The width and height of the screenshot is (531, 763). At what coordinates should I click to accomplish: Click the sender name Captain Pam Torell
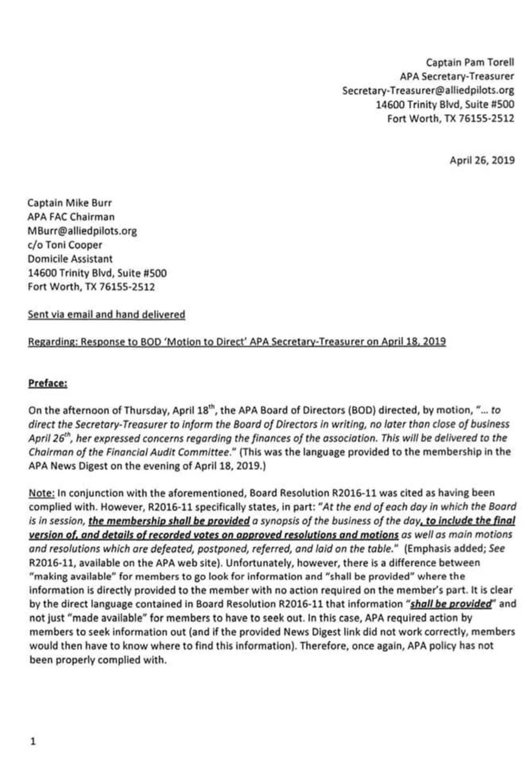pos(469,63)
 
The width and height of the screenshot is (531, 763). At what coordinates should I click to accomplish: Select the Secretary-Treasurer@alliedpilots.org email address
pos(428,91)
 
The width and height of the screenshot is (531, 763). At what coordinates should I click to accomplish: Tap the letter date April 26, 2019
pos(482,160)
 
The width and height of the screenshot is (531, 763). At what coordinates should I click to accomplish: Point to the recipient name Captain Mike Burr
pos(69,203)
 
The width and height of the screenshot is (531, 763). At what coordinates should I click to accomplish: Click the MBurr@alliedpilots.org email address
pos(82,231)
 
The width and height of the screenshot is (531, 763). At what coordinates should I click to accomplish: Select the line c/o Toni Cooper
pos(65,245)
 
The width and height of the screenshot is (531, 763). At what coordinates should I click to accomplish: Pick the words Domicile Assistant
pos(70,259)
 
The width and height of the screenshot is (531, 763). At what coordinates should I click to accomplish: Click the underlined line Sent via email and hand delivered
pos(106,314)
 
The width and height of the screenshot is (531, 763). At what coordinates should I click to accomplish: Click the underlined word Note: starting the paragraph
pos(41,493)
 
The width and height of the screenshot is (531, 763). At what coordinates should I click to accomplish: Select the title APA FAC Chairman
pos(71,217)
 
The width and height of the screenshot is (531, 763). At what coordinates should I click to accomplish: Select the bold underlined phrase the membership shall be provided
pos(169,521)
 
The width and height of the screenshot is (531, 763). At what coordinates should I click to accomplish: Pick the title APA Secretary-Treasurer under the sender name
pos(457,76)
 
